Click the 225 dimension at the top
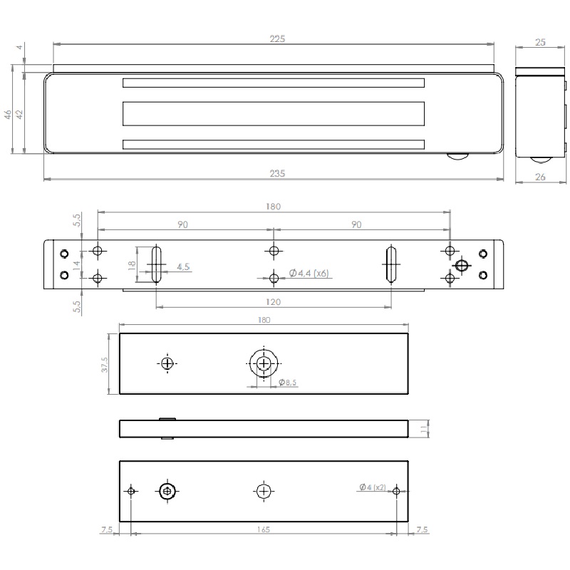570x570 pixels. [278, 39]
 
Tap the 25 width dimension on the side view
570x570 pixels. [540, 43]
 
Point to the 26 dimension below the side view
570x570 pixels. [540, 177]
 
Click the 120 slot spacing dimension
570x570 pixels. [273, 302]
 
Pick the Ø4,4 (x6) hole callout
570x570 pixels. [309, 274]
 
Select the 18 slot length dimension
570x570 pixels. [130, 264]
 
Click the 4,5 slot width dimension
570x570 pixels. [182, 267]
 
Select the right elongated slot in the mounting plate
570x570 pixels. [390, 264]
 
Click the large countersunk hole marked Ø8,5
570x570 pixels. [264, 363]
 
